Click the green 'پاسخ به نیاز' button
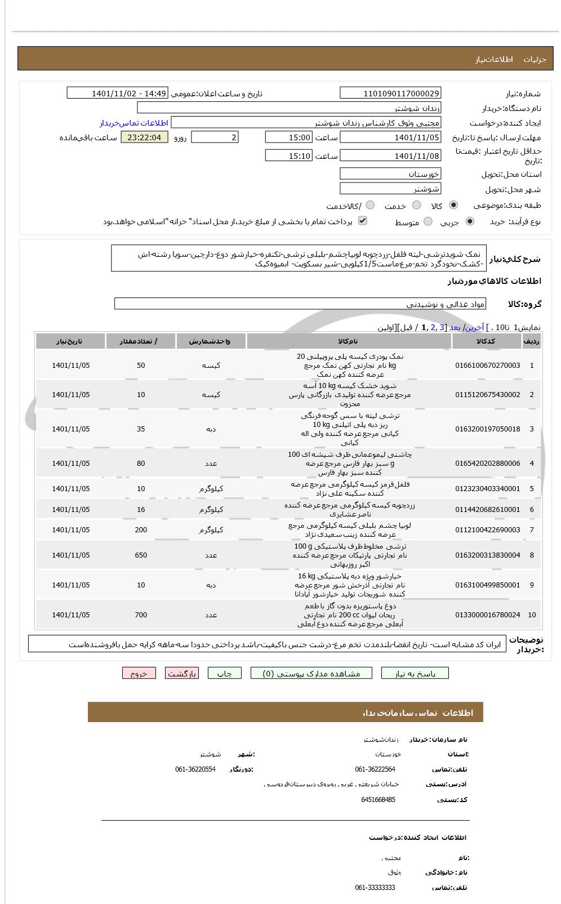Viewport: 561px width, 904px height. (415, 673)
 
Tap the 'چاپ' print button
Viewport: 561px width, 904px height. (224, 673)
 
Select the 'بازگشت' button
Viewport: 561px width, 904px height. (181, 673)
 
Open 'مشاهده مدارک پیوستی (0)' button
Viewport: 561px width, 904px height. (311, 673)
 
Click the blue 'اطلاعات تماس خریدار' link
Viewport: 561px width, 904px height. (134, 123)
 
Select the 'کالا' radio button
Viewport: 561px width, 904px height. (453, 206)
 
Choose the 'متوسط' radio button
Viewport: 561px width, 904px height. (428, 222)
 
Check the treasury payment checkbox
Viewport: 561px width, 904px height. (363, 221)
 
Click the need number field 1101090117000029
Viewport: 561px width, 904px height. (390, 93)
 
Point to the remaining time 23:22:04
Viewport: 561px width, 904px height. (144, 137)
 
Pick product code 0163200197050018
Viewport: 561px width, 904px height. (487, 429)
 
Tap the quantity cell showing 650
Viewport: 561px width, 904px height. (141, 555)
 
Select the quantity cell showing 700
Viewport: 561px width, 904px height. (141, 615)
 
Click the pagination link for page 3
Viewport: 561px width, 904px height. (442, 327)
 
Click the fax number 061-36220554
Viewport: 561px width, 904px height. (195, 769)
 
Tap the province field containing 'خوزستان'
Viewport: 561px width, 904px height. (390, 174)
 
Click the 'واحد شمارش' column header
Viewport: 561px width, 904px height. (211, 341)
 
